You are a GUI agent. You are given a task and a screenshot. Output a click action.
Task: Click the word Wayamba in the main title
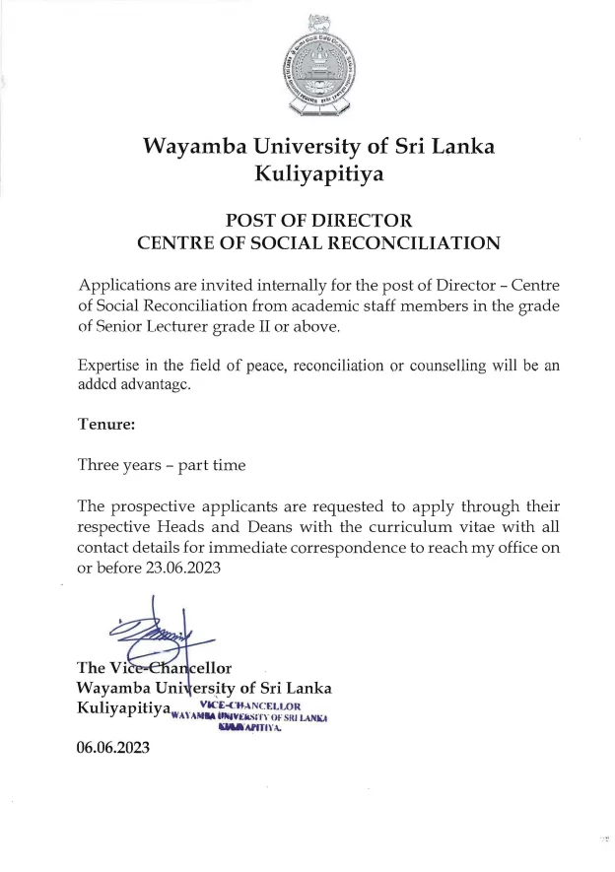(x=191, y=147)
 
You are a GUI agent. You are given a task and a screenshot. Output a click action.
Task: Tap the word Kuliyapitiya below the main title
(x=319, y=175)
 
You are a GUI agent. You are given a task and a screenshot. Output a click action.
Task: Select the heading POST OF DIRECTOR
(x=319, y=219)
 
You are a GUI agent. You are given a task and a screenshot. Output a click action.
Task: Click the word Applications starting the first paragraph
(x=128, y=286)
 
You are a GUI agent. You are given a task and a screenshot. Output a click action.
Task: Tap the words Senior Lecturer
(x=145, y=327)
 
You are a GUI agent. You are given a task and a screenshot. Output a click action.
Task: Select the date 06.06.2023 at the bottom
(x=113, y=749)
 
